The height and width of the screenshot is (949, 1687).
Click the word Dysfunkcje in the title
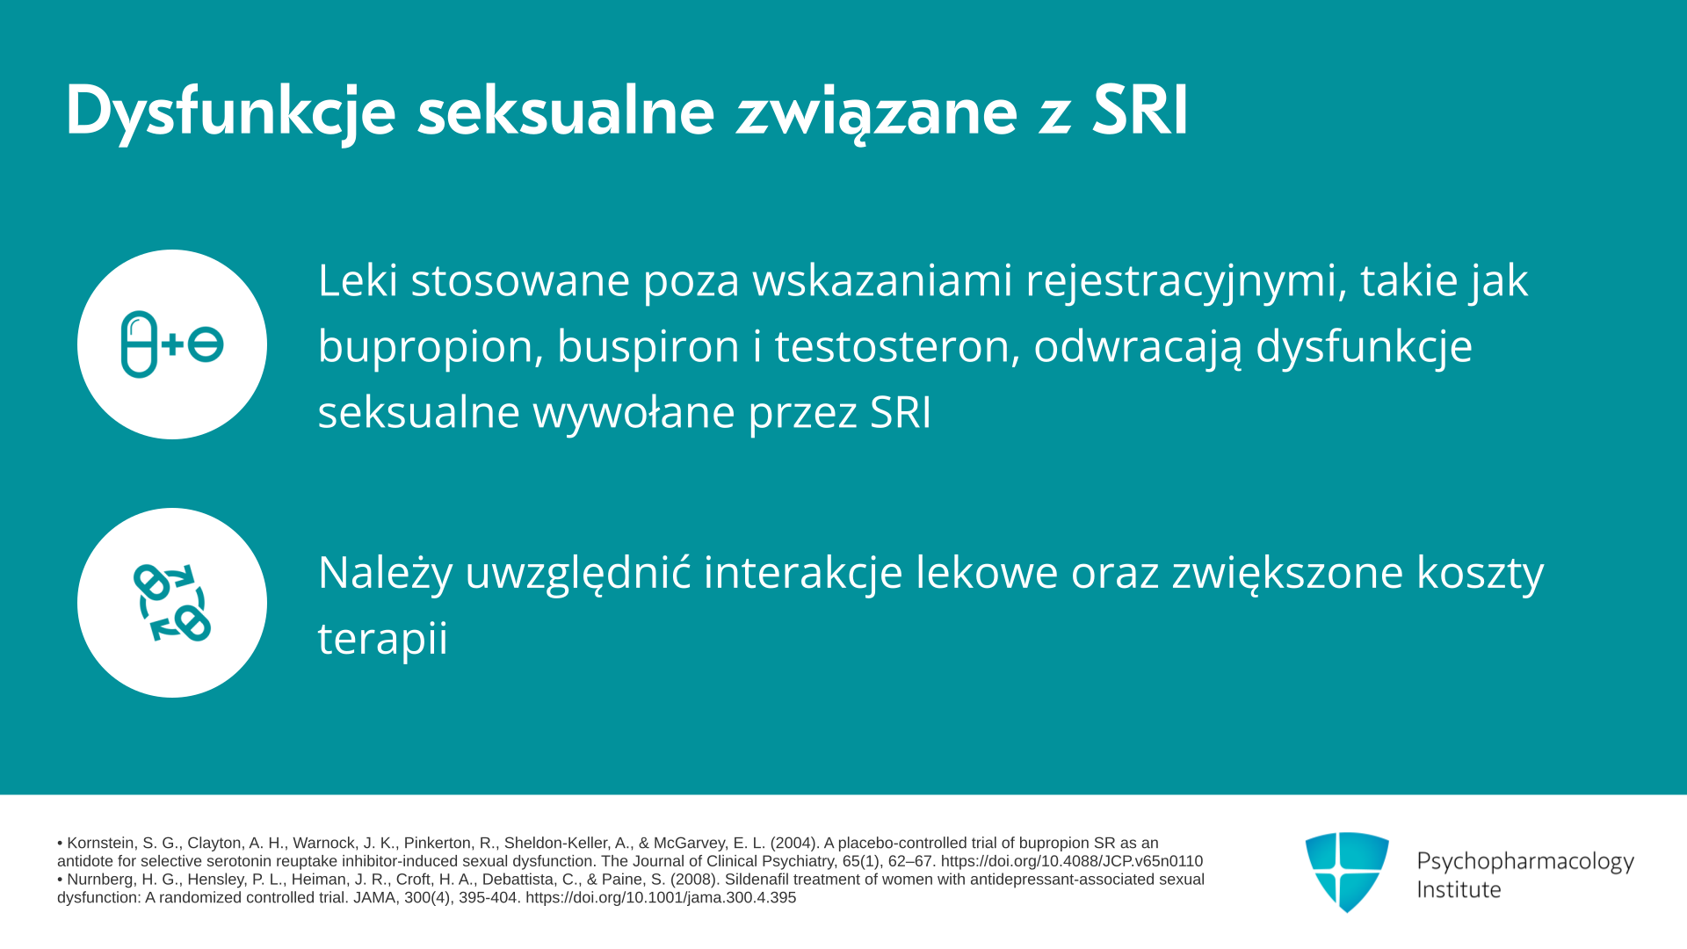pyautogui.click(x=230, y=112)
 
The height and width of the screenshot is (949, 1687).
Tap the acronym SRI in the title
pyautogui.click(x=1140, y=111)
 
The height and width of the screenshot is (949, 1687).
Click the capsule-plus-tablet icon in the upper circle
pyautogui.click(x=172, y=344)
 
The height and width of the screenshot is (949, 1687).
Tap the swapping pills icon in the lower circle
pyautogui.click(x=172, y=603)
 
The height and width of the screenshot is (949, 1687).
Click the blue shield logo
pyautogui.click(x=1347, y=872)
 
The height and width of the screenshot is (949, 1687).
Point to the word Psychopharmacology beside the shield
pyautogui.click(x=1525, y=862)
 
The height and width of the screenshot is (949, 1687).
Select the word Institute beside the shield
pyautogui.click(x=1459, y=890)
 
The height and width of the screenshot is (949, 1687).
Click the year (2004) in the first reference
pyautogui.click(x=794, y=844)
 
